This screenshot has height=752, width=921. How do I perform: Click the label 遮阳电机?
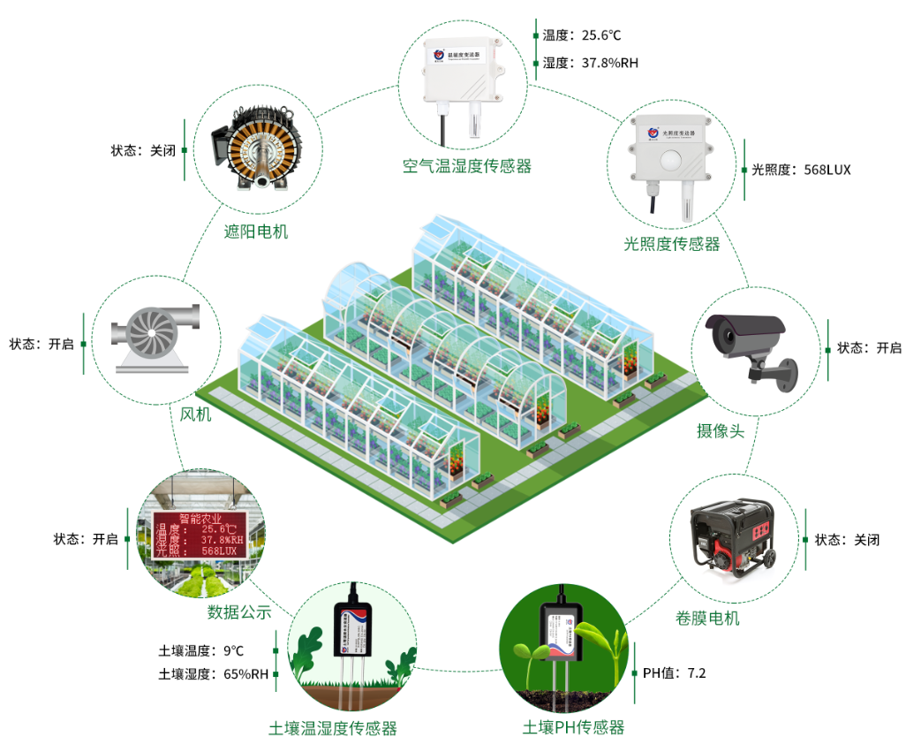tap(256, 232)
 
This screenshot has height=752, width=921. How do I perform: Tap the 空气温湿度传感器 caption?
tap(467, 166)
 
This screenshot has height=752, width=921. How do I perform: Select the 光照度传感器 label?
tap(672, 244)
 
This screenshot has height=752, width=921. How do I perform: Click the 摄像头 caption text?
tap(721, 430)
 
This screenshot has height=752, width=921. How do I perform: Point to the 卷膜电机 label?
tap(707, 618)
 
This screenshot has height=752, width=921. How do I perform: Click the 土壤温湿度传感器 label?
tap(333, 728)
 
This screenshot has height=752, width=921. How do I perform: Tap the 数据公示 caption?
tap(239, 611)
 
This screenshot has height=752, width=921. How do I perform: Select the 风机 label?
tap(196, 414)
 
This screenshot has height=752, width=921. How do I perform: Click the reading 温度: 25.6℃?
tap(582, 35)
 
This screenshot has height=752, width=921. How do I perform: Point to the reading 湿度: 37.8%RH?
tap(590, 63)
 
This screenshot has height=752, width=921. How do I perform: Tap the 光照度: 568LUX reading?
tap(801, 170)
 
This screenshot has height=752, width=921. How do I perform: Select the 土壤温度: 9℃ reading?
tap(201, 650)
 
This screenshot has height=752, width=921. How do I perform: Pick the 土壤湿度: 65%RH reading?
tap(214, 674)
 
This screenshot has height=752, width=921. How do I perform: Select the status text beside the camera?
tap(869, 348)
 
